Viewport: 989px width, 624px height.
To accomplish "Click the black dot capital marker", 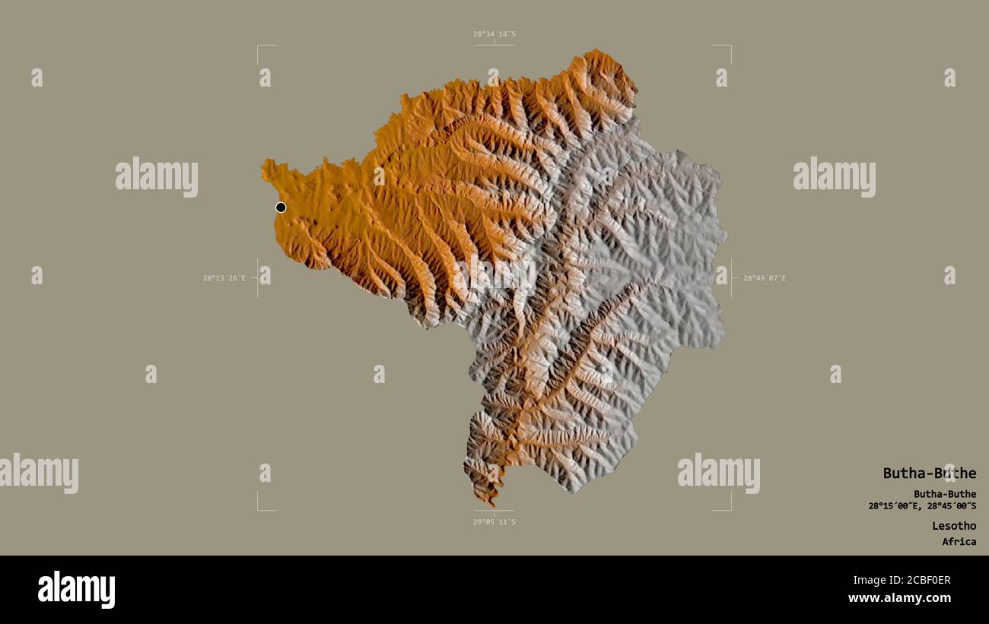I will tap(281, 207).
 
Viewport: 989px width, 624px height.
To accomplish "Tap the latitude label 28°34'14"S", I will tap(494, 34).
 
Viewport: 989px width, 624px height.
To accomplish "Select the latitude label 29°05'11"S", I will tap(494, 522).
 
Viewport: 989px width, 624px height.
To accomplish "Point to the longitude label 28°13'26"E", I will tap(224, 278).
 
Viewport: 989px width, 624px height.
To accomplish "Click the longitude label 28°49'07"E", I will tap(765, 278).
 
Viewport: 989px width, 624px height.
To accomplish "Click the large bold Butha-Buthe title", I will tap(929, 474).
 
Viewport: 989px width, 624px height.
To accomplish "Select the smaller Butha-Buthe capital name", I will tap(945, 494).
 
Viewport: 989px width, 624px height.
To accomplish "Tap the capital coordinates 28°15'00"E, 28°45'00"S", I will tap(922, 506).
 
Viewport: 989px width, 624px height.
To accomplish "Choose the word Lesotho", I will tap(954, 526).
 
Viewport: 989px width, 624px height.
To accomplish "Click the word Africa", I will tap(959, 542).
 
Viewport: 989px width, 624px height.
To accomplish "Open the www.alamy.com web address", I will tap(899, 598).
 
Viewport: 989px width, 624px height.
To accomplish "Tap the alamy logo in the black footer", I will tap(76, 590).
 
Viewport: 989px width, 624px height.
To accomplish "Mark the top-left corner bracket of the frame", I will tap(259, 46).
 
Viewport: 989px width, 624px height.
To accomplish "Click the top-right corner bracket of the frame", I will tap(730, 46).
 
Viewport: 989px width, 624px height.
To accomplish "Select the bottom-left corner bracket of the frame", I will tap(259, 508).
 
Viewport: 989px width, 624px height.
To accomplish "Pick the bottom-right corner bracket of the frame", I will tap(730, 508).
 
